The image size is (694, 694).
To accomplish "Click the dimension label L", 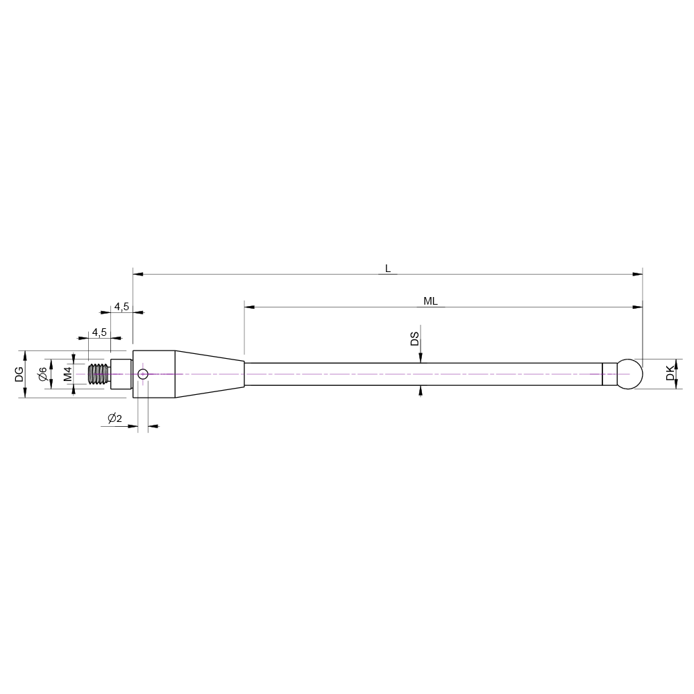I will tap(387, 268).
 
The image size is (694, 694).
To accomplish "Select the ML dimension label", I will tap(430, 301).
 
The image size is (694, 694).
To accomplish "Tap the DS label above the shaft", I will tap(414, 339).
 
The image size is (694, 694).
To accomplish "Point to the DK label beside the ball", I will tap(670, 374).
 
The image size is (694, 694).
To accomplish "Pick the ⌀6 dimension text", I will tap(42, 374).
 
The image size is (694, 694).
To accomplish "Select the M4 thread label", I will tap(67, 374).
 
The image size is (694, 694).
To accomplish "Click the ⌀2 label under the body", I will tap(115, 418).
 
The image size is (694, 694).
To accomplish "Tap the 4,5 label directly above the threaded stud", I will tap(99, 332).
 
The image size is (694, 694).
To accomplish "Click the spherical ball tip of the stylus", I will tap(630, 374).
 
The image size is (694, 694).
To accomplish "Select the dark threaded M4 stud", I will tap(99, 374).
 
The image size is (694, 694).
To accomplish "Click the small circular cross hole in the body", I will tap(143, 374).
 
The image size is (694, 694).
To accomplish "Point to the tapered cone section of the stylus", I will tap(208, 374).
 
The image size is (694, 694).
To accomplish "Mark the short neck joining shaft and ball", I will tap(609, 374).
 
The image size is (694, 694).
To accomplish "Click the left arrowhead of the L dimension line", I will tap(137, 275).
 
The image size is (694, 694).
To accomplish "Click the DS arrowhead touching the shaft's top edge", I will tap(421, 358).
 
